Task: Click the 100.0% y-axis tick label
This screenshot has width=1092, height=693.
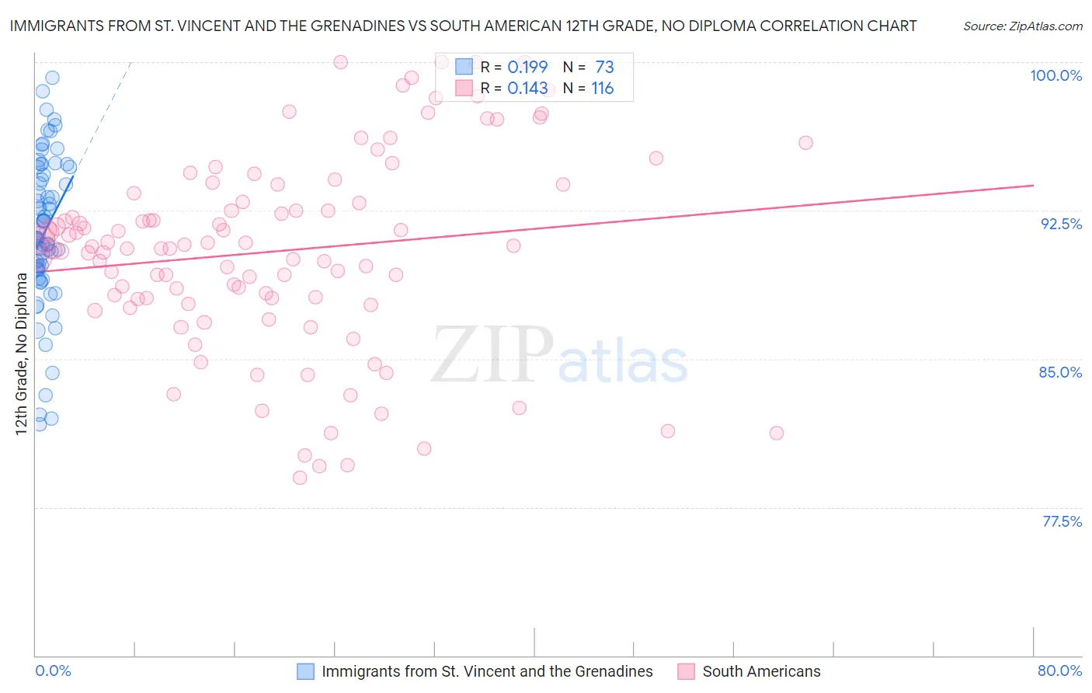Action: click(x=1055, y=75)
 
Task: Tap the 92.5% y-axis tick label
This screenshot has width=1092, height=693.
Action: click(x=1061, y=224)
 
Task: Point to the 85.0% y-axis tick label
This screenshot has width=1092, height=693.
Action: click(x=1060, y=372)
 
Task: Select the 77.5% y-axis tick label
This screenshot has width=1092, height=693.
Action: click(x=1062, y=521)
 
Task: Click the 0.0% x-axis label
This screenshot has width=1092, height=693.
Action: click(x=53, y=670)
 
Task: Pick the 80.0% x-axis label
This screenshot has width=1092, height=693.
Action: click(x=1059, y=670)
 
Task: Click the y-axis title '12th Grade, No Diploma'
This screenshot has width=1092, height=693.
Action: click(x=21, y=353)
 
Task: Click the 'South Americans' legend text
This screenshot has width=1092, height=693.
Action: click(x=761, y=671)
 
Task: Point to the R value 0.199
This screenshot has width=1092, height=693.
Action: click(x=527, y=68)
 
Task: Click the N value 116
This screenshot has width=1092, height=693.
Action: click(x=602, y=89)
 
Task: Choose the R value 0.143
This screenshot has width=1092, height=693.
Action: click(x=527, y=89)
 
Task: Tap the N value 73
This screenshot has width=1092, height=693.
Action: click(x=604, y=68)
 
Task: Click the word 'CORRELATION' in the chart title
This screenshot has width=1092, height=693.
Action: click(x=792, y=26)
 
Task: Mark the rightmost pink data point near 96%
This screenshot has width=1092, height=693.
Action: click(x=805, y=142)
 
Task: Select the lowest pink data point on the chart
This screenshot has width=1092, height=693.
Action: click(x=300, y=478)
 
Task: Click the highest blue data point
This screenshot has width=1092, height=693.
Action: click(x=52, y=78)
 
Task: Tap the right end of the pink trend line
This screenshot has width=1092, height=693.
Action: click(x=1033, y=186)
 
